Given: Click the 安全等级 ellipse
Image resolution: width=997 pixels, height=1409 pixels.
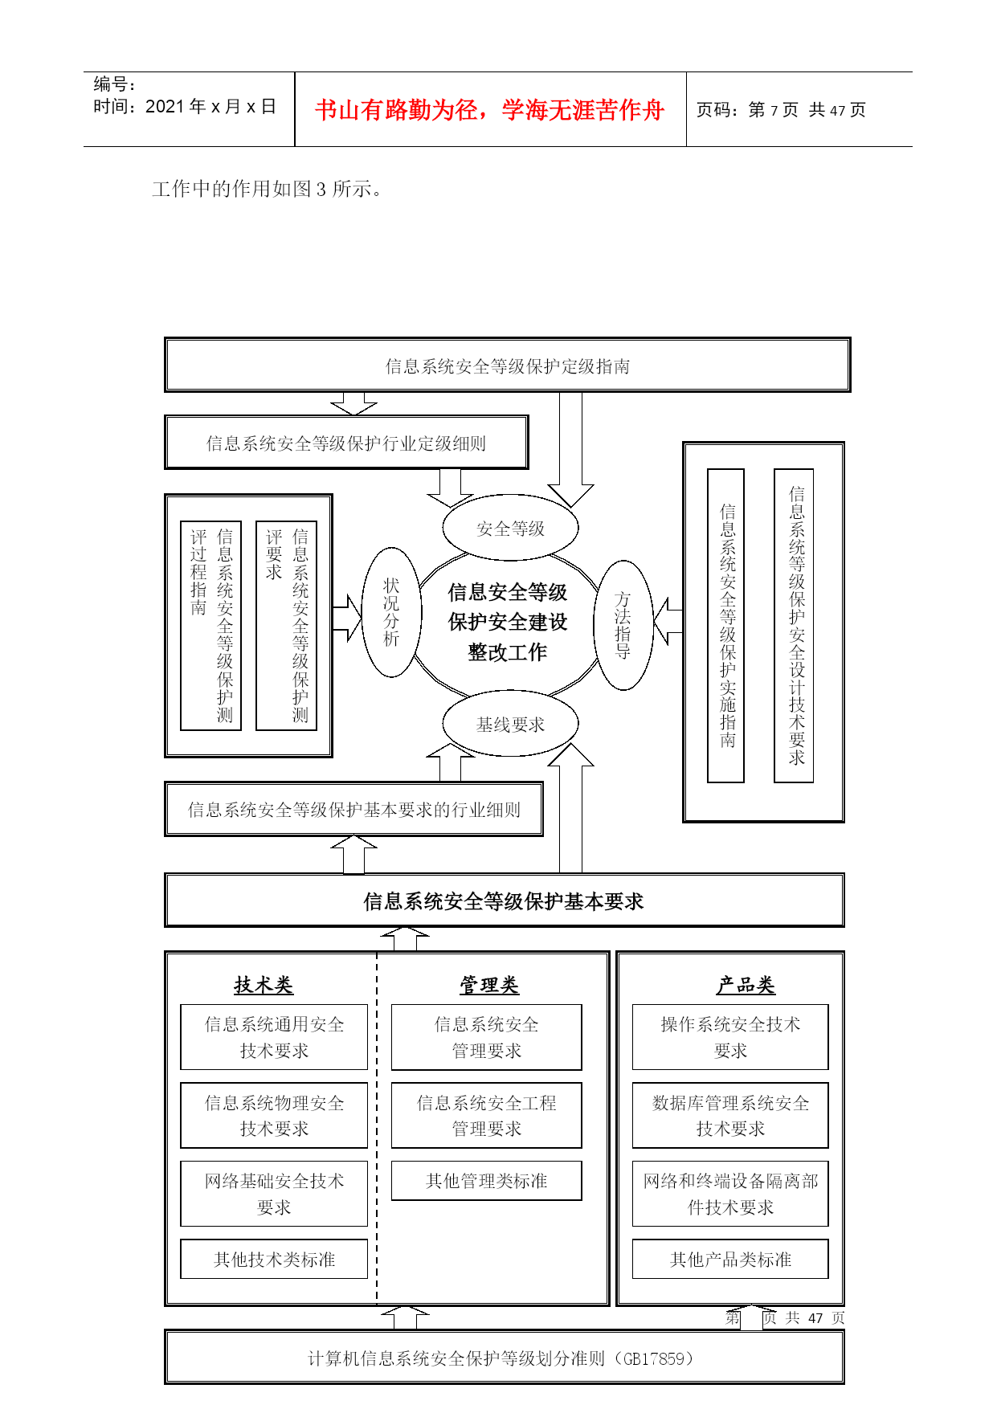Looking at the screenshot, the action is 510,528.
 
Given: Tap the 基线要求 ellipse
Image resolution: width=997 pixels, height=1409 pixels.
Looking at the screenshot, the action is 510,724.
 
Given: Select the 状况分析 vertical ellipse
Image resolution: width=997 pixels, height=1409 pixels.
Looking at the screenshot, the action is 391,612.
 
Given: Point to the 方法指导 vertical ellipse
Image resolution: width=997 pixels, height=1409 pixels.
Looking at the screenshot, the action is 623,625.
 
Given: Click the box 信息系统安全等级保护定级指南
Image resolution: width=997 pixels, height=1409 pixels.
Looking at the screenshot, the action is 507,365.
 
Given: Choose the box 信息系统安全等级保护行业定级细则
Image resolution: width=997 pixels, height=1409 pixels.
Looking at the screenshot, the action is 346,443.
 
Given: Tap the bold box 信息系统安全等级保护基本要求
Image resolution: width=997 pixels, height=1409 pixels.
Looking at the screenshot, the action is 504,901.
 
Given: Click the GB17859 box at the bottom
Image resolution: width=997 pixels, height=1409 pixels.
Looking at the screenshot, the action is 504,1358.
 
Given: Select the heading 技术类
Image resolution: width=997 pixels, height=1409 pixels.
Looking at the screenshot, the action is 264,985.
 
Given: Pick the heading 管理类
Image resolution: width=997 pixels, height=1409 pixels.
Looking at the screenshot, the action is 489,985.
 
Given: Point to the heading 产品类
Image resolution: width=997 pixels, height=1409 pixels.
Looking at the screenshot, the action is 746,985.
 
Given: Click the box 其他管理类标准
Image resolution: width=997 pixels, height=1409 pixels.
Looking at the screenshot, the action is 486,1181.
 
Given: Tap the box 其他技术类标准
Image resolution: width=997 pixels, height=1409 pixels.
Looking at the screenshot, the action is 274,1259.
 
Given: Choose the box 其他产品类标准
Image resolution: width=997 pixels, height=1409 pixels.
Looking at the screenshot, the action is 730,1259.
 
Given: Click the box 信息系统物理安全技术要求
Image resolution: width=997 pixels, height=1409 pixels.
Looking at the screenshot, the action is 274,1116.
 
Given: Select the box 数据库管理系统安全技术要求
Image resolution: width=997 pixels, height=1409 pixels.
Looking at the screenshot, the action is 730,1116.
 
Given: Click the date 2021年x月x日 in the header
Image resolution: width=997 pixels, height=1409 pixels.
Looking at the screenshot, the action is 210,107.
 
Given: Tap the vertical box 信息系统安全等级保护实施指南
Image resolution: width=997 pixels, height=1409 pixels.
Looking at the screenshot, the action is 725,626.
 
